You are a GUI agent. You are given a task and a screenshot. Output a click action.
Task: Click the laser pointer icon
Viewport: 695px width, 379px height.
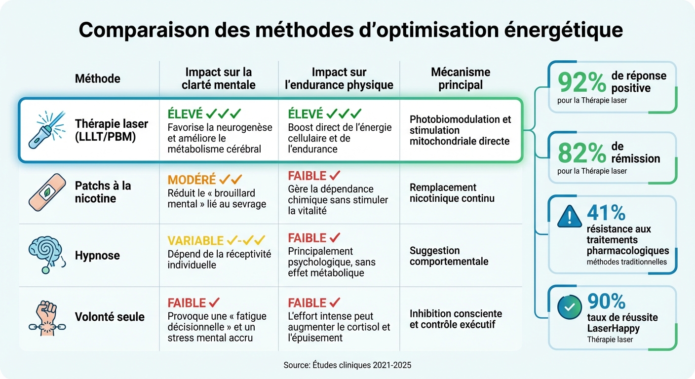47,130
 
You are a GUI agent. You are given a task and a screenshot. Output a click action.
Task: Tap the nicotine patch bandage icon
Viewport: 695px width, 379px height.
47,191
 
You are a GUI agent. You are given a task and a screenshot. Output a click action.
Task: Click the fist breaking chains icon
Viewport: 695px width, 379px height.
47,317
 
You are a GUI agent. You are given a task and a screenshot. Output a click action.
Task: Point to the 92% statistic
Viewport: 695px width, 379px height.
581,83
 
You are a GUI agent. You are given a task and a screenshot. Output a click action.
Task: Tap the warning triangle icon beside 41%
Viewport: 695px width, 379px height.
569,216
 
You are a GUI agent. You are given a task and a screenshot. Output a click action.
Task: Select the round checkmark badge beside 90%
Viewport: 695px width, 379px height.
569,306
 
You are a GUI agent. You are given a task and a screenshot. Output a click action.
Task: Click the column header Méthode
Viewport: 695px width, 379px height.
97,78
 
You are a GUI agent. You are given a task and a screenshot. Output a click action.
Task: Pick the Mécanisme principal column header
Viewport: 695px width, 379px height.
460,78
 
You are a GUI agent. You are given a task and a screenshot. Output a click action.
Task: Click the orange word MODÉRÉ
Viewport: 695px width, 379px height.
192,180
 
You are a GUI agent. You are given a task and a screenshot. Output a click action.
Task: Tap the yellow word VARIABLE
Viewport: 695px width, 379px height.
195,241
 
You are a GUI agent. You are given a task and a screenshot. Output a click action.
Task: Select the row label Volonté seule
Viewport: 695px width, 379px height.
110,317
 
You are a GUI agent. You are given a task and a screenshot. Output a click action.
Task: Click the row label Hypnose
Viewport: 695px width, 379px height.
97,256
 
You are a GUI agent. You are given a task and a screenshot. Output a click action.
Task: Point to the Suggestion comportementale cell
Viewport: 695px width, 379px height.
449,256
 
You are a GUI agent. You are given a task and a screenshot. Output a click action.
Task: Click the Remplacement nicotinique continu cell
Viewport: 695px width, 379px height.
452,193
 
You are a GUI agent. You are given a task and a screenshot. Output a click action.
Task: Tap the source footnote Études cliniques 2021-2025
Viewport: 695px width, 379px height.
347,365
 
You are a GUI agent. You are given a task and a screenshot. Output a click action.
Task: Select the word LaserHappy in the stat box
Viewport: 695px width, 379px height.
613,328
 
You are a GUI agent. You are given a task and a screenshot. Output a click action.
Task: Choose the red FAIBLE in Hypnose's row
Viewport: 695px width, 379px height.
307,238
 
